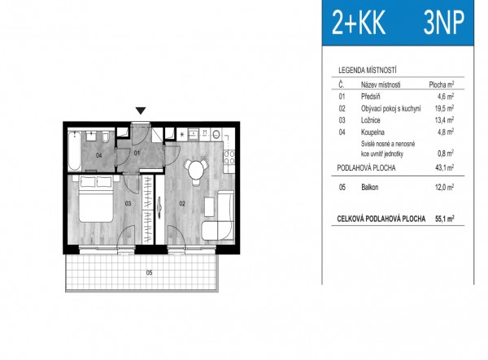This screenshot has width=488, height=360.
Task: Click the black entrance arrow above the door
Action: click(x=141, y=111)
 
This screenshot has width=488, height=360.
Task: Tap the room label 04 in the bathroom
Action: click(x=99, y=155)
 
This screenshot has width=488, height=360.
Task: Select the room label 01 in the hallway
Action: click(x=137, y=153)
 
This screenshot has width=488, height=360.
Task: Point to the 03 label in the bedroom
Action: click(x=128, y=204)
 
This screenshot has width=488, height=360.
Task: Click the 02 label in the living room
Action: click(x=182, y=204)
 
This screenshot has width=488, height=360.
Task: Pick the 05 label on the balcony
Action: click(x=150, y=273)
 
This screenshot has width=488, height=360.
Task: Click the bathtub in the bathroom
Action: click(x=75, y=150)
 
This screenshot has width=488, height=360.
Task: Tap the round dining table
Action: click(x=195, y=169)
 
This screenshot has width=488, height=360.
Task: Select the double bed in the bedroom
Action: click(x=95, y=199)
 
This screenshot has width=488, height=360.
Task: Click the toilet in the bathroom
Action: click(x=105, y=137)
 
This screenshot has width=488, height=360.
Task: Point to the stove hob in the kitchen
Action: click(x=229, y=157)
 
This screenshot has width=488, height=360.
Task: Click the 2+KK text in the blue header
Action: click(x=359, y=23)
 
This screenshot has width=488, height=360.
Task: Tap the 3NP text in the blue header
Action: click(x=444, y=22)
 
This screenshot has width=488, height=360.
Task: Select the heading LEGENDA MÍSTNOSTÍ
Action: click(x=368, y=70)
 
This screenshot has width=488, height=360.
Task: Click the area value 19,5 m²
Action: click(x=444, y=108)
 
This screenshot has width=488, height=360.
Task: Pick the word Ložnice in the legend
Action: click(x=370, y=120)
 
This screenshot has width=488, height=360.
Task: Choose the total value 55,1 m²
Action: click(x=444, y=219)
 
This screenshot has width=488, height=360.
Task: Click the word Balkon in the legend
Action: click(x=370, y=187)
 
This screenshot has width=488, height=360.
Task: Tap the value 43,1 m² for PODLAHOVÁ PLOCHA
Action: click(x=444, y=168)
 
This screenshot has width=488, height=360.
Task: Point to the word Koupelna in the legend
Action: click(x=373, y=132)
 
